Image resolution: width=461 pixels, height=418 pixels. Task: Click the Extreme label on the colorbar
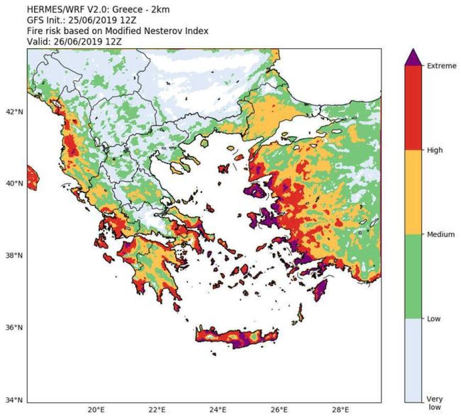click(x=438, y=66)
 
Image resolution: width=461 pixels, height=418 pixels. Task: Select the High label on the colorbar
click(x=434, y=150)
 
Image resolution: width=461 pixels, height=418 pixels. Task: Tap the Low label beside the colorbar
click(x=433, y=318)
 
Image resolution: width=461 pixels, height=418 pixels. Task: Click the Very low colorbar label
click(x=434, y=403)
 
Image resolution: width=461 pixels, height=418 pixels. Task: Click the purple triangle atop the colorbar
click(x=413, y=58)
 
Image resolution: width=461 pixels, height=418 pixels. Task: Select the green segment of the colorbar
click(x=413, y=276)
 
